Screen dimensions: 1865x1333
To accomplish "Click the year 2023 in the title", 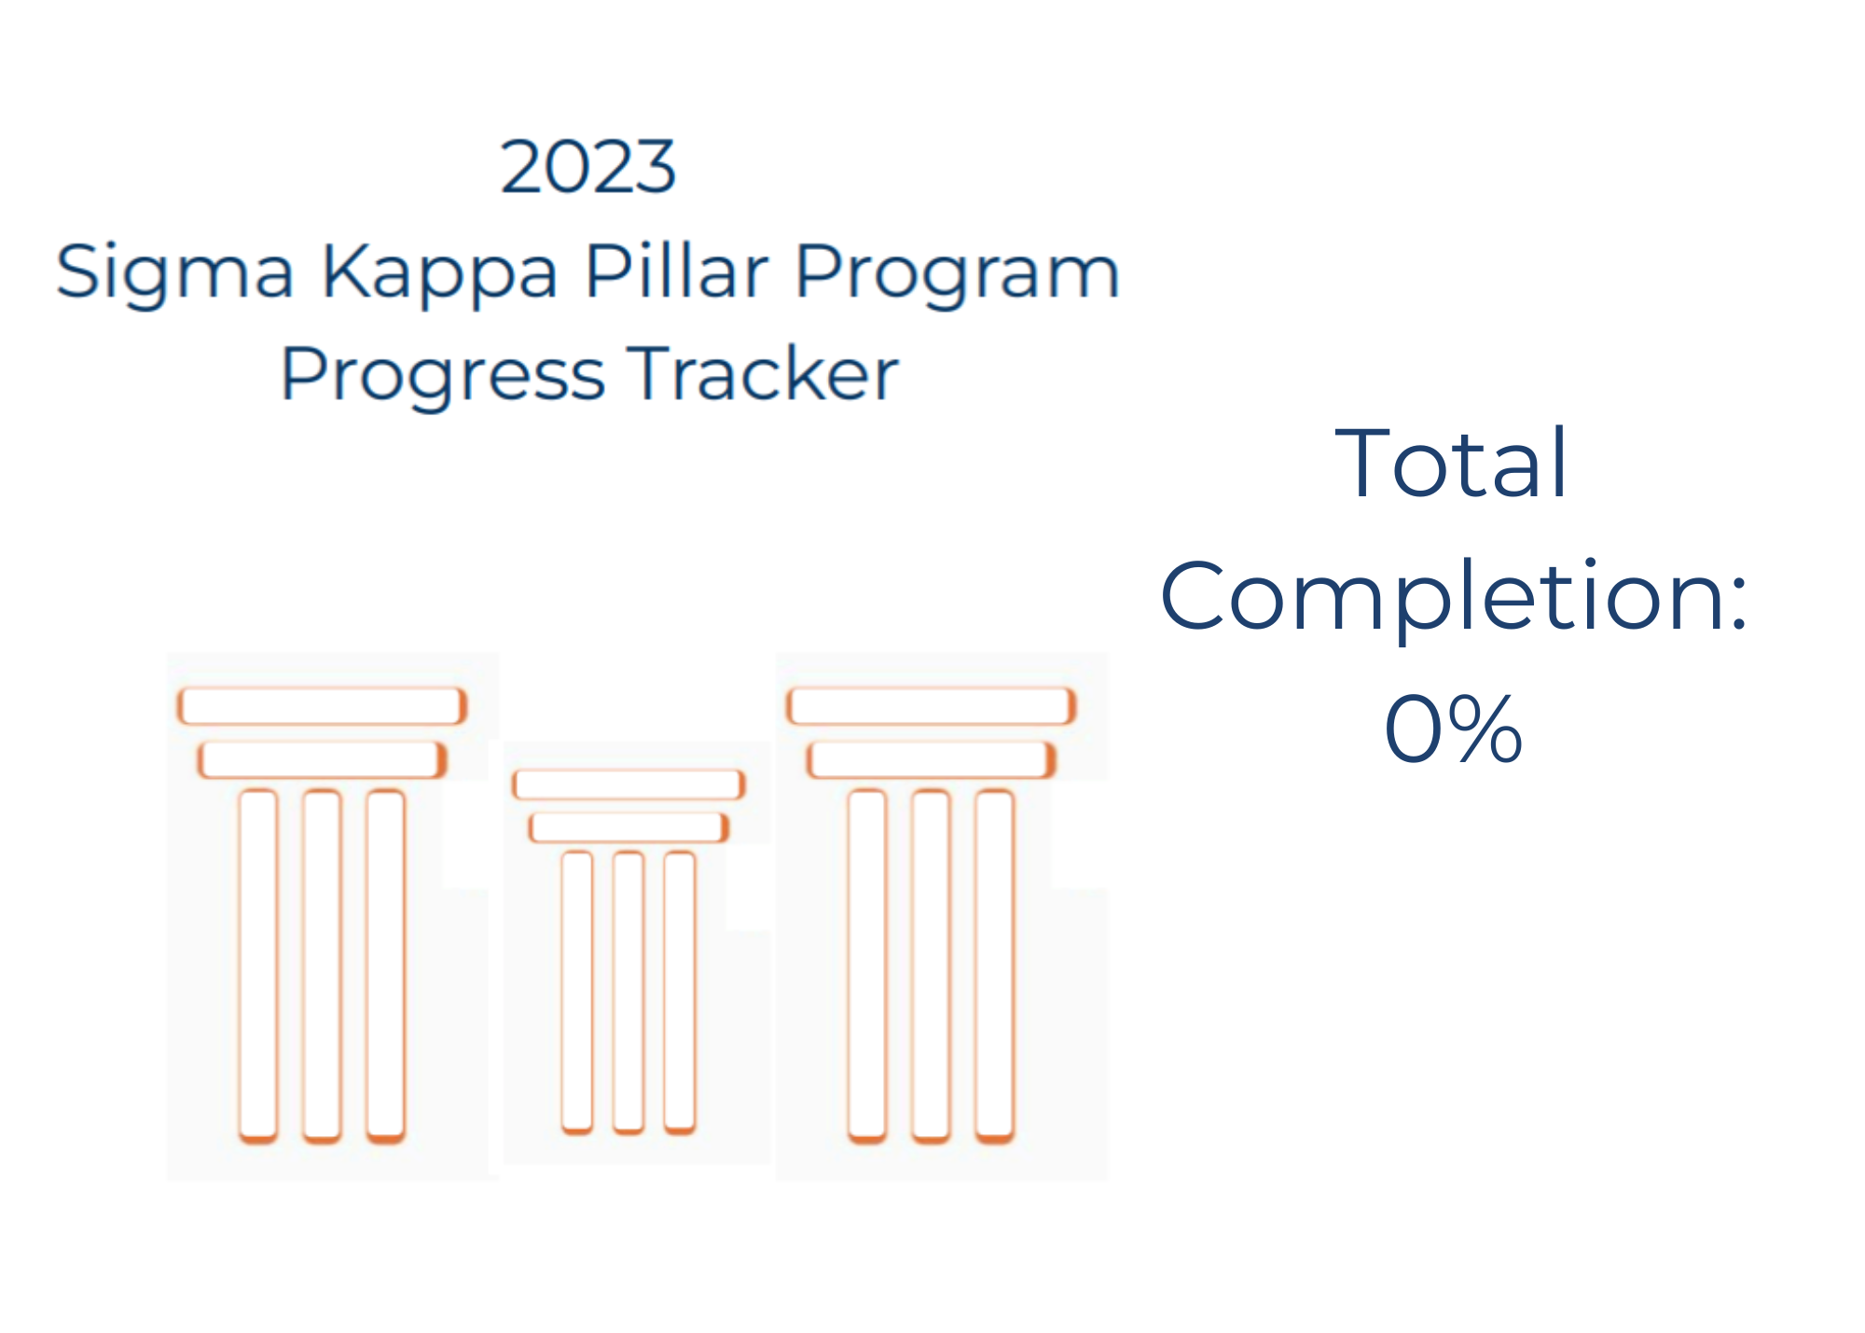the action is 587,167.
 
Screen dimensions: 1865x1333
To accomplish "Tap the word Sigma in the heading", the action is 174,273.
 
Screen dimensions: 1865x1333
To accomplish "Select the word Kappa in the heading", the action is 439,273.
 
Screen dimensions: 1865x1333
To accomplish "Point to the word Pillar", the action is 676,271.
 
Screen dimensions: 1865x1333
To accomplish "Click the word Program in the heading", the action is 958,273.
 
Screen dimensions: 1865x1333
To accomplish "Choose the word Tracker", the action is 763,372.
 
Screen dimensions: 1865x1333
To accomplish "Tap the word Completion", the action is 1453,597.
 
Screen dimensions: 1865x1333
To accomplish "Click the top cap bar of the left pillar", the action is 322,706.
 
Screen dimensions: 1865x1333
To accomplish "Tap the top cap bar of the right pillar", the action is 931,706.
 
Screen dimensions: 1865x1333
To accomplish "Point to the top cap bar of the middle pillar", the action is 629,785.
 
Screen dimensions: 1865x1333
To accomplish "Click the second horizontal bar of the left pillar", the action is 322,760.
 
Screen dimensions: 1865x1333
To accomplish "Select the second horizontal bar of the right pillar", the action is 931,760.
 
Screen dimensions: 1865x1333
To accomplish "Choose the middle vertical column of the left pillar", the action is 322,966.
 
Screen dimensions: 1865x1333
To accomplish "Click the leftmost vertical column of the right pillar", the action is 867,966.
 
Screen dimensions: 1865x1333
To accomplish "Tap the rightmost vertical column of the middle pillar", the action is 680,993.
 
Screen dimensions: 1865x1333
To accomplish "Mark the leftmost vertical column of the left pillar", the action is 258,966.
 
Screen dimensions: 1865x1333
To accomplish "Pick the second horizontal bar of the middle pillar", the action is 629,827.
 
